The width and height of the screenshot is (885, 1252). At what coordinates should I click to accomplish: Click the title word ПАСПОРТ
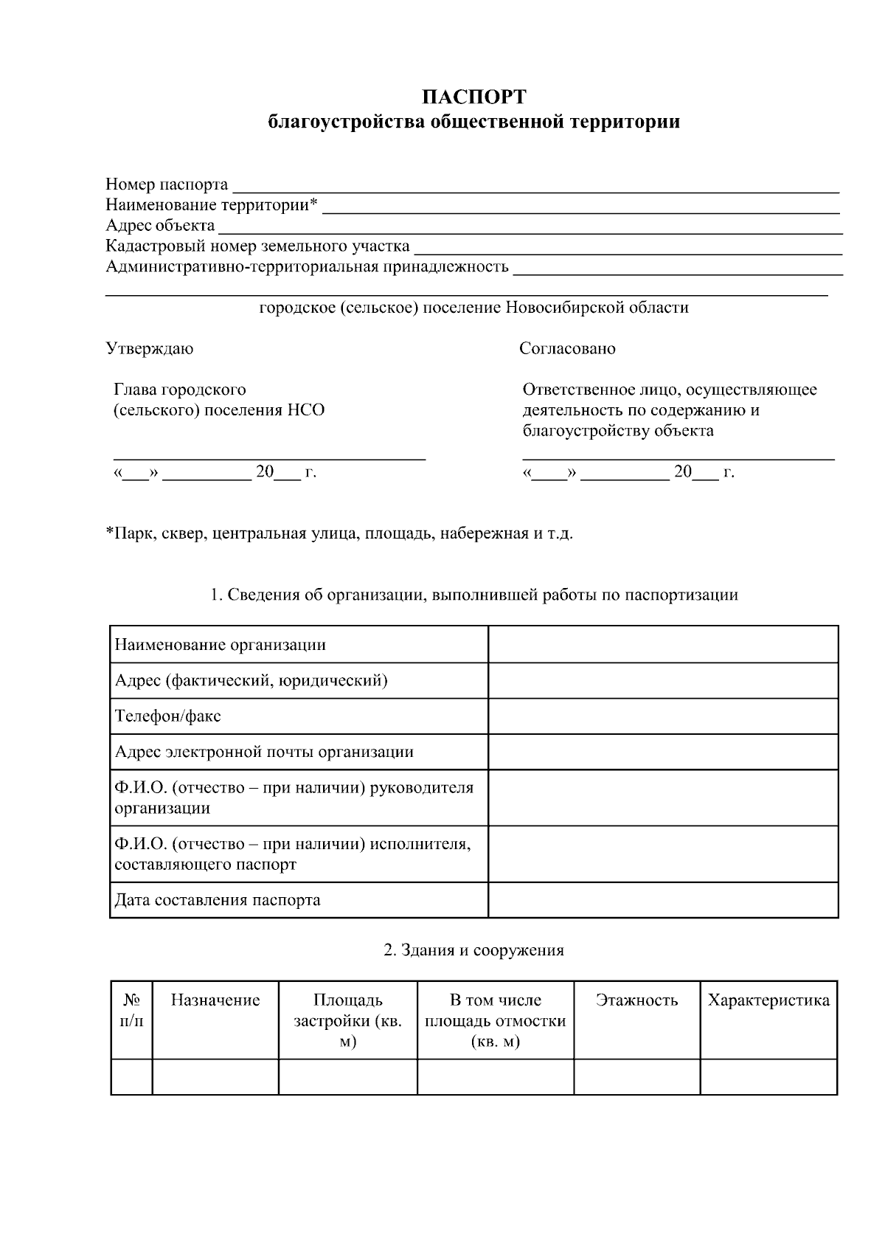pos(473,97)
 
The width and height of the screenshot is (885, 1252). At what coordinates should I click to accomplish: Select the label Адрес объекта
pos(160,225)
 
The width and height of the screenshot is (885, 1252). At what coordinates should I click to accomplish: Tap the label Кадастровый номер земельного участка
pos(257,246)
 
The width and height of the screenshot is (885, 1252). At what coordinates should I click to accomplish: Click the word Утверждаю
pos(150,348)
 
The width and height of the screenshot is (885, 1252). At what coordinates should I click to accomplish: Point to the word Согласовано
pos(567,348)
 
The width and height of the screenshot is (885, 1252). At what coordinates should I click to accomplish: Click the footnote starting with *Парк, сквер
pos(339,533)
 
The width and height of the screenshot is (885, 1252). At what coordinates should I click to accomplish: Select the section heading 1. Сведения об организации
pos(473,595)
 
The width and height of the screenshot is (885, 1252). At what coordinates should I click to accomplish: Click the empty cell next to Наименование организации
pos(662,644)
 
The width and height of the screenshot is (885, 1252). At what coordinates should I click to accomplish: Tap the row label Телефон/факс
pos(168,716)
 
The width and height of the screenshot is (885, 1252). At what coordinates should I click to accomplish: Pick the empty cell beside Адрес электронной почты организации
pos(662,752)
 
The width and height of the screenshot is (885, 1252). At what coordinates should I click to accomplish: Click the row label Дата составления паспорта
pos(218,900)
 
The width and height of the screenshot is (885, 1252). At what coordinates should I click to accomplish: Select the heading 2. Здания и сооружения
pos(473,950)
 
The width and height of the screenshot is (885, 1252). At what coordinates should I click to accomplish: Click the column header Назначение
pos(215,1000)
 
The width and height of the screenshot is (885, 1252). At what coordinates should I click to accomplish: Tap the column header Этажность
pos(636,1000)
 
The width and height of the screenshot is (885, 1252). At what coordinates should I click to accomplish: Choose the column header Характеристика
pos(768,1000)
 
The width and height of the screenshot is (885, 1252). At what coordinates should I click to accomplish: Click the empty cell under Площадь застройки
pos(347,1077)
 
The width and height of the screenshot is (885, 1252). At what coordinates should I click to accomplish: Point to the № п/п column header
pos(132,1011)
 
